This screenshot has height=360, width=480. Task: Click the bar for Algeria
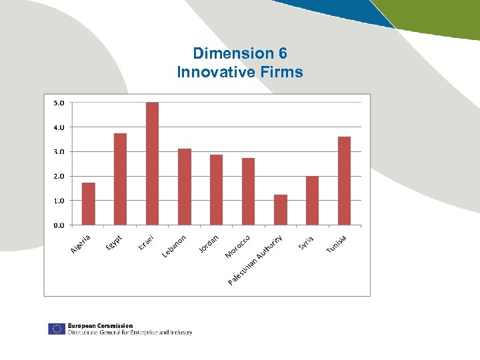(88, 203)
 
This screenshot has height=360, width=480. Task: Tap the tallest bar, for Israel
(152, 163)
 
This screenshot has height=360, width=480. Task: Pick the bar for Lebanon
(185, 187)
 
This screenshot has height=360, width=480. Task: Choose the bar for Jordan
(217, 189)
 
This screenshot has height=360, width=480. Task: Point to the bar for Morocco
(248, 191)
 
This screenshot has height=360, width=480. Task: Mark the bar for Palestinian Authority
(281, 209)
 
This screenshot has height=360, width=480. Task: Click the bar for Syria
(312, 200)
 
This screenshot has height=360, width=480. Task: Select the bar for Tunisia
(344, 181)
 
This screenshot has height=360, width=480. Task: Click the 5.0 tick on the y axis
(58, 103)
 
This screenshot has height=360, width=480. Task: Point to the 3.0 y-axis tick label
(58, 152)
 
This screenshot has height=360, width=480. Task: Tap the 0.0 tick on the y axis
(58, 225)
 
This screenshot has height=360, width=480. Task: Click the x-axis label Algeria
(81, 245)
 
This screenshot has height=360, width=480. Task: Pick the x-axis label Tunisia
(337, 244)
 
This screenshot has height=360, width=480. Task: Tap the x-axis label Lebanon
(175, 246)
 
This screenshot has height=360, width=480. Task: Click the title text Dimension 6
(239, 53)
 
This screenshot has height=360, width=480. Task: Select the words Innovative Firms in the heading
(239, 71)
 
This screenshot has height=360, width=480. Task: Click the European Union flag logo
(56, 329)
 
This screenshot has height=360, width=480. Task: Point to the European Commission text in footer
(100, 325)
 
